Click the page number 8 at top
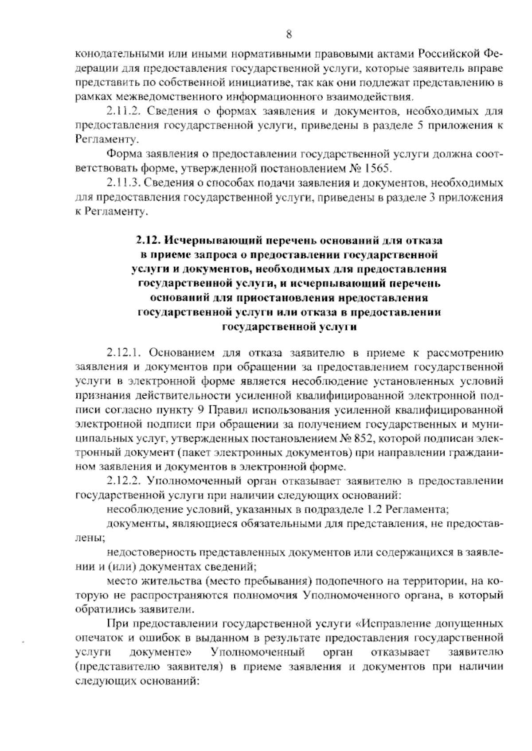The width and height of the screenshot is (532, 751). [x=289, y=34]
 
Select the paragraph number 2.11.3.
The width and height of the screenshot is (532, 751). [x=121, y=183]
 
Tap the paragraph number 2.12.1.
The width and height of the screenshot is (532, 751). [x=123, y=353]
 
